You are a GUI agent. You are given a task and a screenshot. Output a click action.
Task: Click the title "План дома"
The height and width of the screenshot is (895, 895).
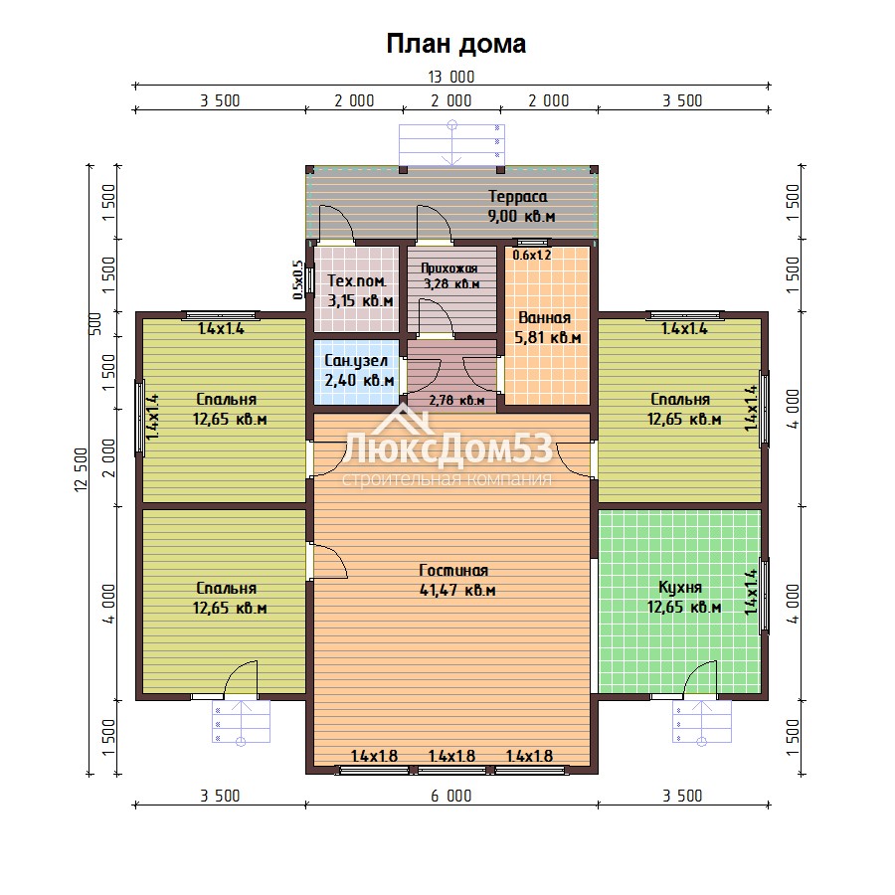(x=456, y=44)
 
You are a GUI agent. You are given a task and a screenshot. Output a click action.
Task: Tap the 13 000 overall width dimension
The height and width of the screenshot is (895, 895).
(x=450, y=77)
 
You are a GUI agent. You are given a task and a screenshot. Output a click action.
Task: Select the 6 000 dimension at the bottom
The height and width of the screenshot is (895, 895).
(x=450, y=796)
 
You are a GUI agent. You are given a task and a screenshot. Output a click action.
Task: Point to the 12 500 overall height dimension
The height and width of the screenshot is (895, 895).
(x=82, y=469)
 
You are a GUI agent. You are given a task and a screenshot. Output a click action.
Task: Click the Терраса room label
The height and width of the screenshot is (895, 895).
(x=518, y=196)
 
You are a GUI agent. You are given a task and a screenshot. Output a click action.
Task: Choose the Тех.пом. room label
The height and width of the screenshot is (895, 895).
(x=357, y=280)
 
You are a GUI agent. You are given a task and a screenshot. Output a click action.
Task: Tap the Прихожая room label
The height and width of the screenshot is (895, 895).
(x=449, y=268)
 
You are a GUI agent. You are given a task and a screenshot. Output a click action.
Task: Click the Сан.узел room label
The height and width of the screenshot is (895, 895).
(x=356, y=361)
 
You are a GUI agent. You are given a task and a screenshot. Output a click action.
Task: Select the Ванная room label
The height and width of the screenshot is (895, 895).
(x=545, y=317)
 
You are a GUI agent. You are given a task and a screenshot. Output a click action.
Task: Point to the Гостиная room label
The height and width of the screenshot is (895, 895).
(x=453, y=570)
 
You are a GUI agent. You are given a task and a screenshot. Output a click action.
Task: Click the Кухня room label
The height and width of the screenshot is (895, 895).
(x=680, y=588)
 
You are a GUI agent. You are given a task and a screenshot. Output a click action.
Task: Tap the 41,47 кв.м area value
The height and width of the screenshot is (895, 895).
(x=457, y=590)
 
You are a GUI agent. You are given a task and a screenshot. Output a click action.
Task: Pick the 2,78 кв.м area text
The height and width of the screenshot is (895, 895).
(x=457, y=400)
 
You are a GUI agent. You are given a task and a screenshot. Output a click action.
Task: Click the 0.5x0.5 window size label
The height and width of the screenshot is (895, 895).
(x=297, y=279)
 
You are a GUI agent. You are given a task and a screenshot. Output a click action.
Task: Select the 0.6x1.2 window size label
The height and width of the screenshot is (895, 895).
(x=532, y=256)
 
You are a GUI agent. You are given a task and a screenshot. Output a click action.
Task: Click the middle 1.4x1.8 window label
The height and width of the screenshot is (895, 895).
(x=451, y=757)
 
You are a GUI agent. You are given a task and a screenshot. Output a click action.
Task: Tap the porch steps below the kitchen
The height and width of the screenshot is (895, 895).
(x=702, y=722)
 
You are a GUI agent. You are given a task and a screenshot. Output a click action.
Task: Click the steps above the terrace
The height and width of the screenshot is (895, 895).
(x=451, y=144)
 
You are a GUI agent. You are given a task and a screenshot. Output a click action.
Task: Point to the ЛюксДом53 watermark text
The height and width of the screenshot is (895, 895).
(x=448, y=448)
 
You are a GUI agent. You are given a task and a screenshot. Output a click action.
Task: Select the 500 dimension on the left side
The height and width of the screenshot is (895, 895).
(x=95, y=323)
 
